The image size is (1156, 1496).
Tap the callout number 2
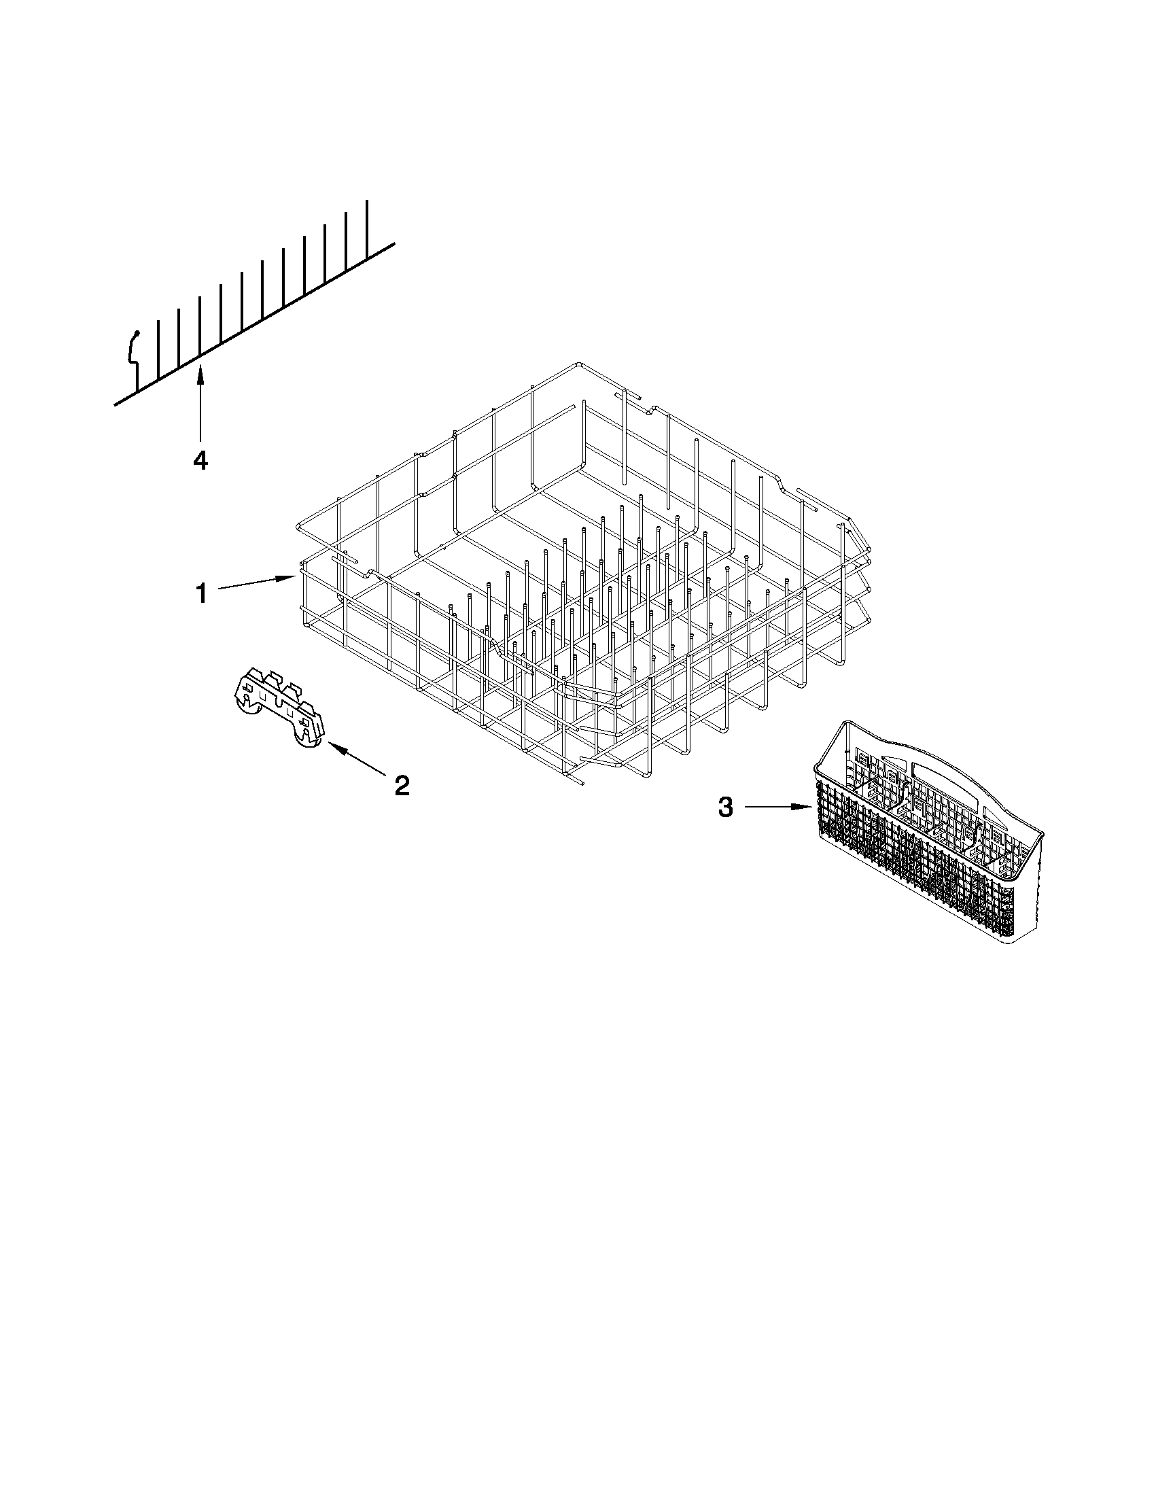tap(402, 785)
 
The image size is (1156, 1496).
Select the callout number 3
tap(725, 807)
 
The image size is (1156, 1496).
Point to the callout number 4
tap(200, 460)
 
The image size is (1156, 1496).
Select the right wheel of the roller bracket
tap(305, 740)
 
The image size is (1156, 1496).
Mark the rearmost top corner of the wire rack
tap(579, 364)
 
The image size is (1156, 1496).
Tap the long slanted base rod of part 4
tap(274, 315)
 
